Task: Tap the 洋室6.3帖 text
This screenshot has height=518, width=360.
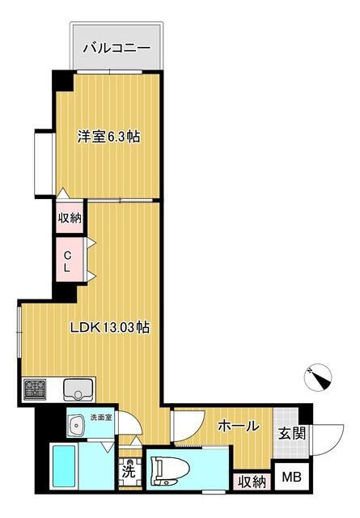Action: point(108,137)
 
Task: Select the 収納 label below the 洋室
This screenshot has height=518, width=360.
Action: point(70,217)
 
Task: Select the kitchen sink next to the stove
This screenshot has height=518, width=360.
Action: point(79,390)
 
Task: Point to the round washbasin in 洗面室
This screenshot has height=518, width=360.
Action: point(78,423)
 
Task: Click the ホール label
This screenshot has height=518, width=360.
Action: point(239,426)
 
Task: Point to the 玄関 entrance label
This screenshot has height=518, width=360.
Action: point(291,434)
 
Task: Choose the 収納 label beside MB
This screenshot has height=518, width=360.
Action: point(252,481)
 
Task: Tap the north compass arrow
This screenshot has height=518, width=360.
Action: point(319,376)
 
